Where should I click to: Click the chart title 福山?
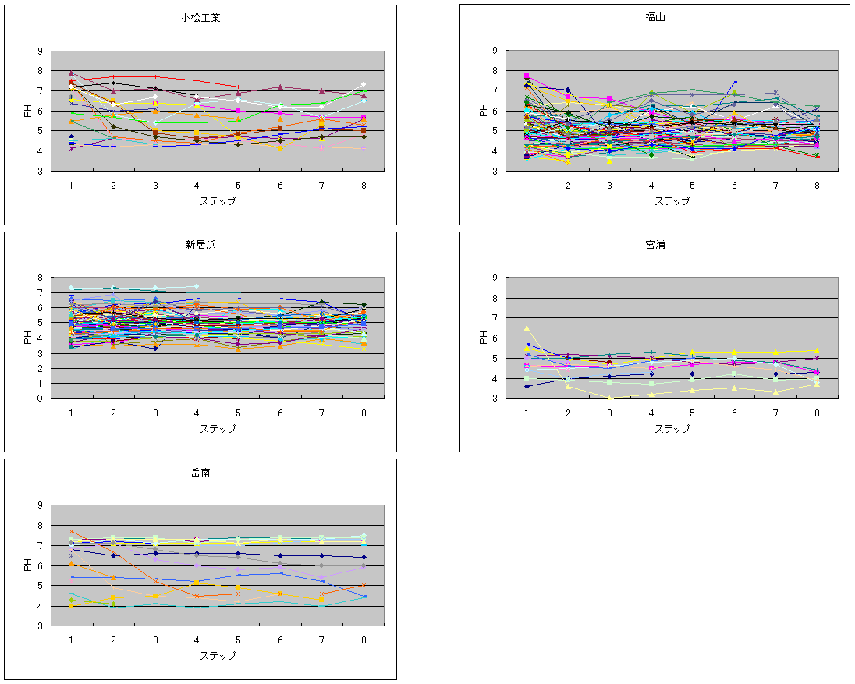coord(655,16)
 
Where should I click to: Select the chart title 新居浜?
coord(200,244)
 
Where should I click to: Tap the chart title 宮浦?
coord(655,244)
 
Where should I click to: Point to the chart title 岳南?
coord(200,472)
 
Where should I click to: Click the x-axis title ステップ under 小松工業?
coord(218,201)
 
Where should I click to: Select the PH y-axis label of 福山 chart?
coord(484,111)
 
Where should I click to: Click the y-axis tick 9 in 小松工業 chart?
coord(41,51)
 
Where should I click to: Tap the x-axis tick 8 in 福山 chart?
coord(818,185)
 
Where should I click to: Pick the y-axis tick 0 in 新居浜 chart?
coord(41,399)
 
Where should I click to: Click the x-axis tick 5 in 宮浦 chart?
coord(692,412)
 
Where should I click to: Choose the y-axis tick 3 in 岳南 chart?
coord(41,626)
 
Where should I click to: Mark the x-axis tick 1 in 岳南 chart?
coord(71,640)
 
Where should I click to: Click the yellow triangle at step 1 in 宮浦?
coord(527,328)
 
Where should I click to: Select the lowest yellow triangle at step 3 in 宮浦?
coord(609,398)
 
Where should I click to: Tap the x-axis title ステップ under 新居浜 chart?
coord(218,428)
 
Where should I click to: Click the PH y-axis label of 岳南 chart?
coord(28,565)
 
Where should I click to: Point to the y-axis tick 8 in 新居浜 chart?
coord(41,278)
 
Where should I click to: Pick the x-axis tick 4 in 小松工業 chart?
coord(197,185)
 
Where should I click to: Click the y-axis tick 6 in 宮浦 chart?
coord(495,338)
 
